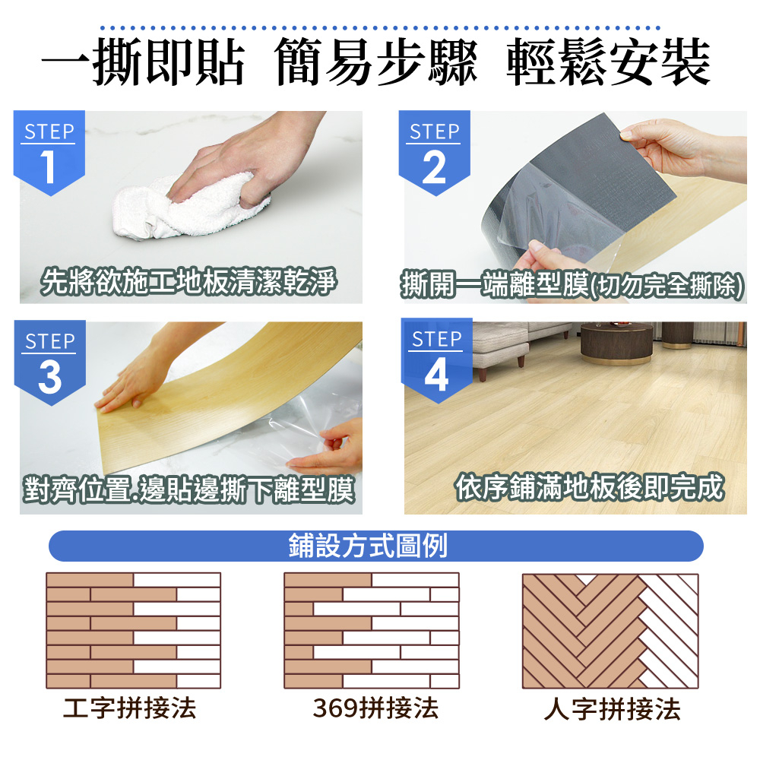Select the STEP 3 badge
[x=50, y=362]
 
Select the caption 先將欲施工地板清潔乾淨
[x=188, y=282]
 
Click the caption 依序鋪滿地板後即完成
[x=590, y=487]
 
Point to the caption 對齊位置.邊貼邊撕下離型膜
[x=189, y=489]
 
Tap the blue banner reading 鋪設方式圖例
[x=376, y=546]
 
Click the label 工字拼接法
[x=130, y=708]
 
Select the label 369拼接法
[x=375, y=708]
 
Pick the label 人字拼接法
[x=612, y=709]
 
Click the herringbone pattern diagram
[x=610, y=631]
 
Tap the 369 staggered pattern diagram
[x=372, y=631]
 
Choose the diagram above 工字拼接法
[x=133, y=631]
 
